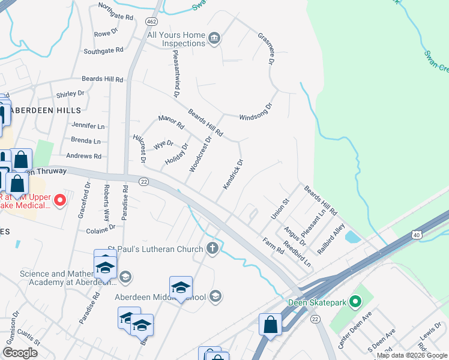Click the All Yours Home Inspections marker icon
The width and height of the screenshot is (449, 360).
point(215,40)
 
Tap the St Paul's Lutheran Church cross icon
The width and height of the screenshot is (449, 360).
point(212,248)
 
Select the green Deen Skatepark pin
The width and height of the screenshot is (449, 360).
point(356,302)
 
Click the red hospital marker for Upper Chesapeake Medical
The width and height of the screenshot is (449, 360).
point(60,200)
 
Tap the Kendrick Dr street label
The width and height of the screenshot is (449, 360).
point(233,175)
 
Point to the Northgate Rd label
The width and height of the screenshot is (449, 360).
point(115,13)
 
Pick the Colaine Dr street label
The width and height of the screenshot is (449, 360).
point(100,229)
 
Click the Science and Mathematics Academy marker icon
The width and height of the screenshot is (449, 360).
point(125,277)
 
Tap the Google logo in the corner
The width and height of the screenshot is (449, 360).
point(20,353)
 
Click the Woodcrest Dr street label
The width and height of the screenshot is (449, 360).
point(200,155)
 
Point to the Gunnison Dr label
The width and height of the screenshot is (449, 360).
point(11,326)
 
